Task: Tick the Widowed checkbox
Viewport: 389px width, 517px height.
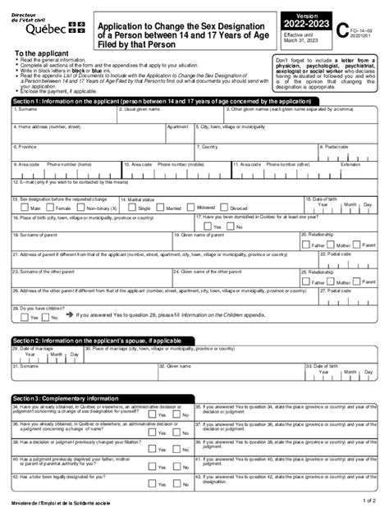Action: (196, 231)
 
